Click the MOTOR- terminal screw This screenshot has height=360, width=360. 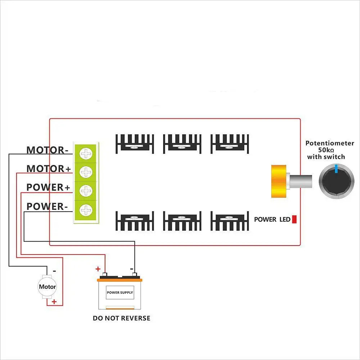click(86, 154)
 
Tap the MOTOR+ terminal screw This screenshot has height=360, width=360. click(86, 172)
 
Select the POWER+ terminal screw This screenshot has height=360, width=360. click(86, 191)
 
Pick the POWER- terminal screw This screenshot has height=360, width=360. click(86, 210)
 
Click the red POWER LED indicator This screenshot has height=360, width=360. click(294, 219)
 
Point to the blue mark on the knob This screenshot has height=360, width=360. click(336, 168)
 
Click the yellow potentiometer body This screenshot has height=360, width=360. click(279, 181)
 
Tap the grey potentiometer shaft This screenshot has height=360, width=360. click(300, 181)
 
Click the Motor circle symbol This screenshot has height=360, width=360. click(47, 287)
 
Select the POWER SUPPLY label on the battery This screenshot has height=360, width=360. click(120, 292)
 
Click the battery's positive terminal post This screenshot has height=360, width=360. click(105, 274)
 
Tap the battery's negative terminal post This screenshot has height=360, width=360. click(135, 274)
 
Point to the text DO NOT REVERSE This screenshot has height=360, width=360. click(122, 318)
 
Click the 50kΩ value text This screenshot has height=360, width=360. click(326, 150)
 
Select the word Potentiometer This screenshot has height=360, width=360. click(330, 143)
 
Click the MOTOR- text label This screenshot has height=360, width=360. click(48, 150)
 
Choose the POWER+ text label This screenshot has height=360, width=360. click(48, 187)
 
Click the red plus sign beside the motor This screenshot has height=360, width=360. click(54, 301)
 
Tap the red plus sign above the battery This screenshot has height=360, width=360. click(98, 269)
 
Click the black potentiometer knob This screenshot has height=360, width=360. click(337, 181)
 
